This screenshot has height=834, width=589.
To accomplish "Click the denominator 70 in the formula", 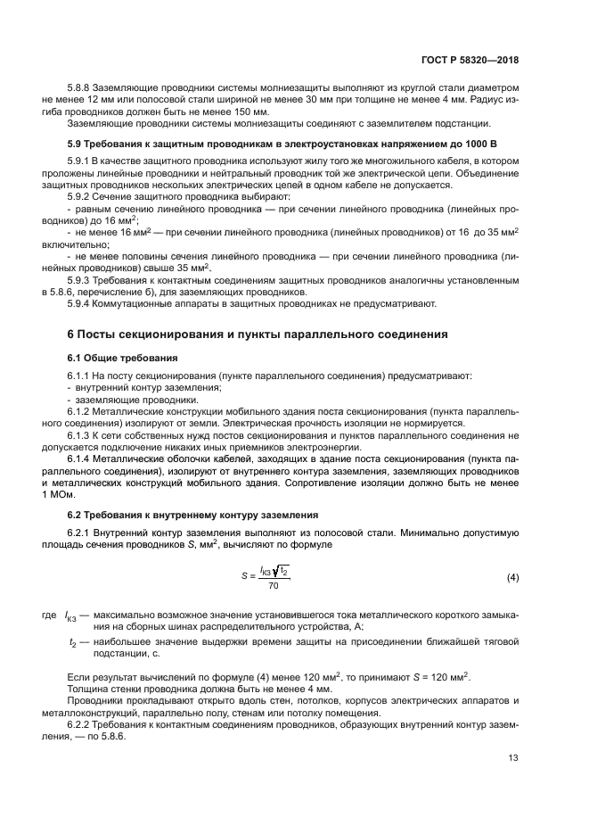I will (273, 586).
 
